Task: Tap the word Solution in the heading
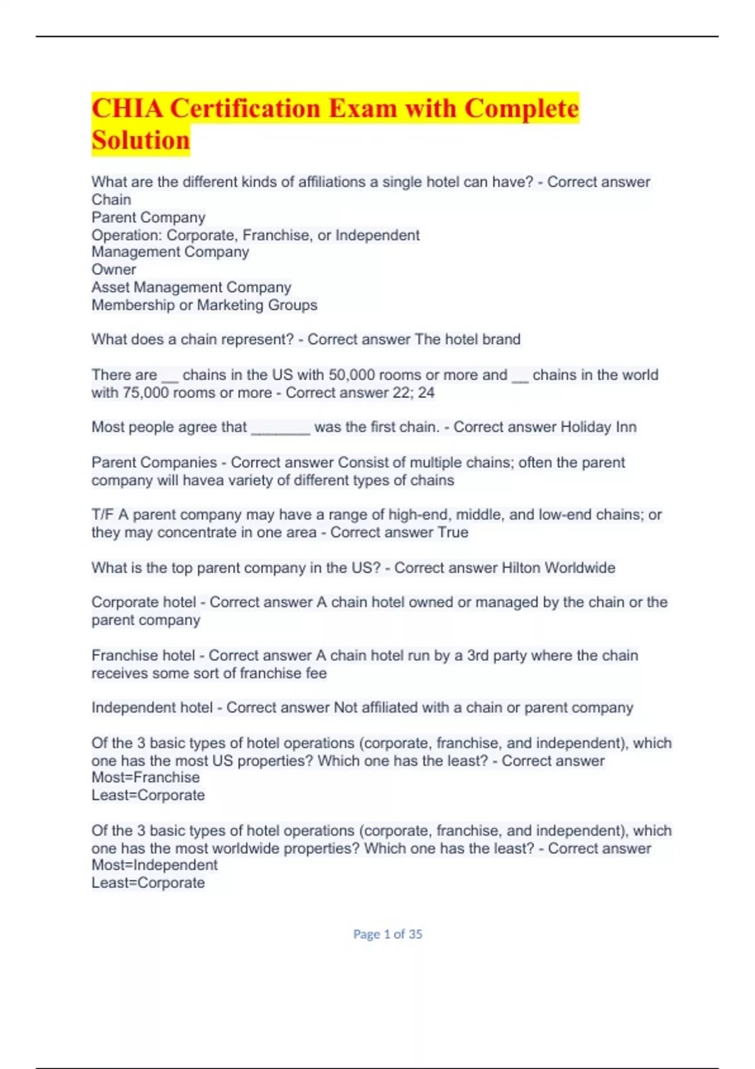click(x=140, y=140)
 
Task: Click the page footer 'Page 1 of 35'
click(x=388, y=934)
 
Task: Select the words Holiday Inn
click(x=598, y=427)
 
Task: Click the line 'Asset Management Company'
click(x=191, y=287)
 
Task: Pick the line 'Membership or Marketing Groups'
click(x=204, y=305)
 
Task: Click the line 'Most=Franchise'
click(x=145, y=777)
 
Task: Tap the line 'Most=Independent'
click(x=154, y=865)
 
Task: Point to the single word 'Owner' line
click(x=114, y=270)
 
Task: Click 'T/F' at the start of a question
click(x=102, y=514)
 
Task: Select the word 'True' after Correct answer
click(x=453, y=533)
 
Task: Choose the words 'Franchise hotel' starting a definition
click(x=143, y=655)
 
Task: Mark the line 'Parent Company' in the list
click(x=148, y=218)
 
